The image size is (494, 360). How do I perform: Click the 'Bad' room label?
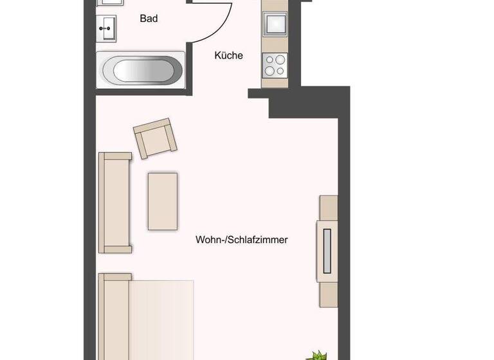click(149, 19)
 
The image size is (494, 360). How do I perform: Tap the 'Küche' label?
click(228, 55)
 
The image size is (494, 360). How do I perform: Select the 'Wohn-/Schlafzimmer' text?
click(241, 240)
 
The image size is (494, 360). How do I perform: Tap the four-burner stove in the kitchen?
click(275, 64)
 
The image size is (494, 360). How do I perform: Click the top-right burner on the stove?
click(281, 59)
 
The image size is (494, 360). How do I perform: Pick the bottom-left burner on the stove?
click(270, 70)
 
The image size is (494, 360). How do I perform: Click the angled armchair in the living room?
click(154, 138)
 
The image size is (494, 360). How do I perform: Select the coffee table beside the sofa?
click(163, 201)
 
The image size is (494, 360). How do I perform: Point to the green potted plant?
click(317, 354)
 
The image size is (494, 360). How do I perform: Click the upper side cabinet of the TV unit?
click(329, 209)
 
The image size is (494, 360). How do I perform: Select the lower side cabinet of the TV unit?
click(328, 295)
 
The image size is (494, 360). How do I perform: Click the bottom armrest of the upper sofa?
click(115, 248)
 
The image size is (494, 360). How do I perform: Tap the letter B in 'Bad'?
click(143, 19)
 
